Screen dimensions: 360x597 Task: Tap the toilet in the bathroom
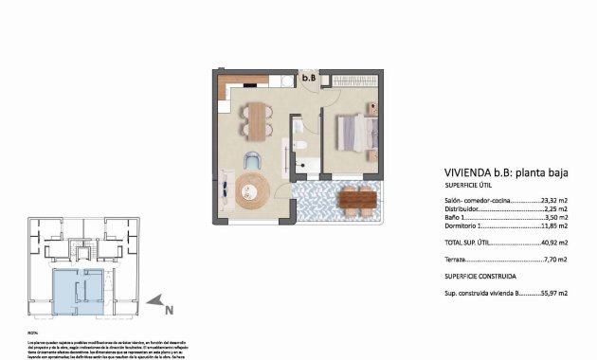(298, 145)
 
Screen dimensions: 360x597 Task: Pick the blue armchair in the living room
(253, 159)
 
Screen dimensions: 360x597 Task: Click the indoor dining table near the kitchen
(256, 120)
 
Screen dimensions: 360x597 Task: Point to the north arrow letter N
(168, 308)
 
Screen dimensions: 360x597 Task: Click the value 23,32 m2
(553, 201)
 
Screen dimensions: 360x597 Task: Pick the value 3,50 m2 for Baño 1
(554, 218)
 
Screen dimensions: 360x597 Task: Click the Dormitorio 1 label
(469, 226)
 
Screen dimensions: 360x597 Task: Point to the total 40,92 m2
(553, 243)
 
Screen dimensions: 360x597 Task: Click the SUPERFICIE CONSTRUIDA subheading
(481, 276)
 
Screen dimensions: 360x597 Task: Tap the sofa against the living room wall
(226, 189)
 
